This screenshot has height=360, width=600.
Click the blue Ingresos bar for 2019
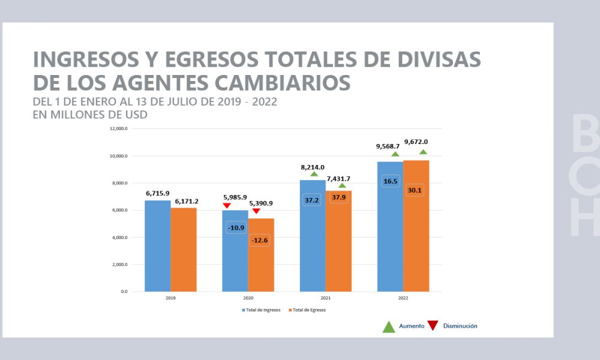pos(158,246)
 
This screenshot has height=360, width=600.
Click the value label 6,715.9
pos(158,194)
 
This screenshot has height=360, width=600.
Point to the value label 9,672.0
pos(416,142)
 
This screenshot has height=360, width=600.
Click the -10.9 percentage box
pos(235,228)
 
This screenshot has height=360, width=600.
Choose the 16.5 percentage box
pos(390,181)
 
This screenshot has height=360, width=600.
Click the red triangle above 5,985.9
pos(227,206)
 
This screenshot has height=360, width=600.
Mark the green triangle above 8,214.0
pos(314,174)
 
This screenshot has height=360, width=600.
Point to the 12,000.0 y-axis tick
pos(118,129)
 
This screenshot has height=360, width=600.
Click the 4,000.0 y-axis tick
pos(118,238)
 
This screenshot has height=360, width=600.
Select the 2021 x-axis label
pos(326,298)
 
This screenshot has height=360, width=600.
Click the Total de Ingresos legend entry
pos(262,310)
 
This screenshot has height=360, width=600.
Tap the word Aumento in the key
pos(412,326)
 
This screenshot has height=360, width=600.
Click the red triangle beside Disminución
pos(433,326)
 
